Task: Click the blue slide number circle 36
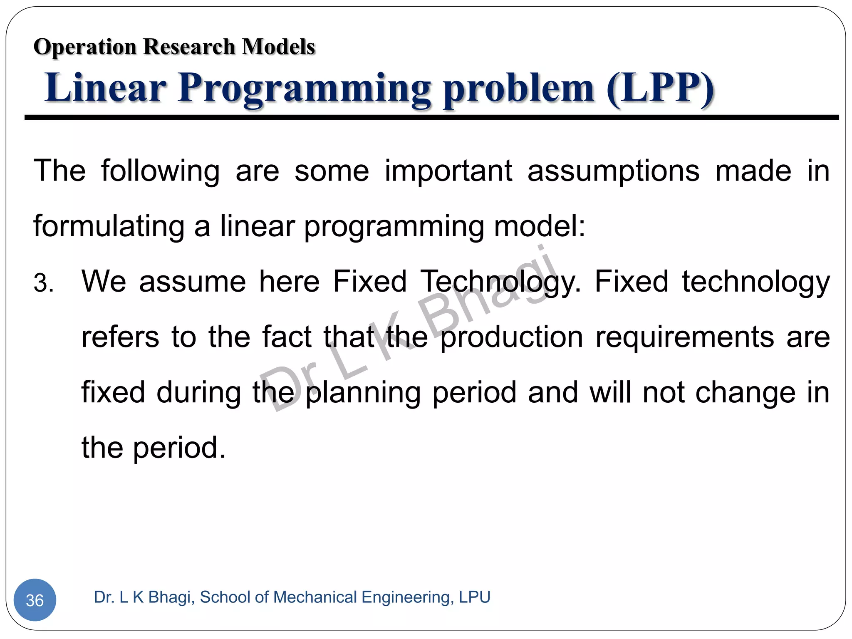click(x=35, y=599)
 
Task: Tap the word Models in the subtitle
click(x=278, y=47)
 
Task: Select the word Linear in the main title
click(x=106, y=88)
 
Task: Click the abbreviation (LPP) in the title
click(x=660, y=88)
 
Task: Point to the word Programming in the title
click(x=305, y=89)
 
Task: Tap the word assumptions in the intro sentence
click(x=613, y=171)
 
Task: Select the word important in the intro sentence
click(x=448, y=171)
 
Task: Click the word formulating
click(x=109, y=227)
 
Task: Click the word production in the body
click(x=512, y=337)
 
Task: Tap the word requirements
click(x=685, y=337)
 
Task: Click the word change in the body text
click(x=745, y=392)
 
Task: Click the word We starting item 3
click(x=104, y=282)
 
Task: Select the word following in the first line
click(x=161, y=171)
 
